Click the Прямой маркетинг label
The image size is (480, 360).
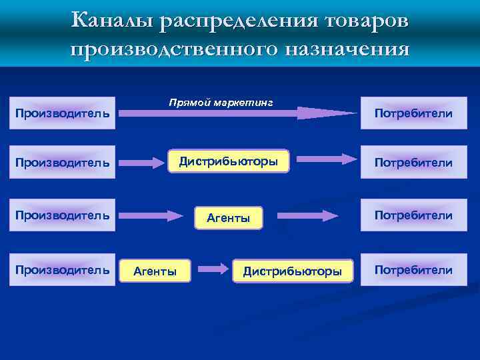click(221, 102)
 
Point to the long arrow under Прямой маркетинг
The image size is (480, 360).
click(240, 113)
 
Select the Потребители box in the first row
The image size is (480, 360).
click(414, 113)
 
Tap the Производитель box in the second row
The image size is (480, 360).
click(63, 162)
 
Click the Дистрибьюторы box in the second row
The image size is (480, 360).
click(227, 161)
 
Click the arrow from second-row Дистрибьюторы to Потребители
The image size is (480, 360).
click(326, 159)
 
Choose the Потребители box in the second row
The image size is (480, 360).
click(414, 162)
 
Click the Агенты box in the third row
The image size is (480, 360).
click(229, 217)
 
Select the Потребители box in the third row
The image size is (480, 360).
click(414, 215)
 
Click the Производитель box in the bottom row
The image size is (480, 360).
click(63, 270)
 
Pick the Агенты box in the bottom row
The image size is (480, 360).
click(155, 271)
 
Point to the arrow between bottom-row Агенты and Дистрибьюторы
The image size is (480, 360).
click(213, 269)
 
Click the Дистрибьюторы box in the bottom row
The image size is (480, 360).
click(293, 271)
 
